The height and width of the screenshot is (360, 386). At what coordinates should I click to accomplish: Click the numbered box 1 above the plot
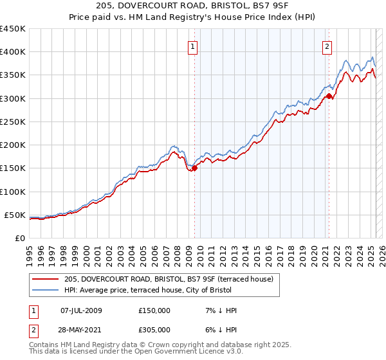[x=193, y=46]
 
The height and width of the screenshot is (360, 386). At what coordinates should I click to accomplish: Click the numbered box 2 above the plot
[x=327, y=46]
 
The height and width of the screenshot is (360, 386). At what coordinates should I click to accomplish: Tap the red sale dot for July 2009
[x=194, y=168]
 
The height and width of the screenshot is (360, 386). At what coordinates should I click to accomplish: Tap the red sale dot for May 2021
[x=329, y=96]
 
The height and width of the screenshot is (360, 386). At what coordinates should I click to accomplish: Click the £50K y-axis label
[x=15, y=215]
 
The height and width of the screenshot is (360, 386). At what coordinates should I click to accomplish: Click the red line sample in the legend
[x=45, y=279]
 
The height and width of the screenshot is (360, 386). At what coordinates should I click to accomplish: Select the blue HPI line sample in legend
[x=45, y=291]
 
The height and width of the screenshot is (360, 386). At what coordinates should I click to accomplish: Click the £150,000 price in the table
[x=154, y=310]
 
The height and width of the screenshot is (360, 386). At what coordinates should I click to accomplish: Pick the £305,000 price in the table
[x=154, y=330]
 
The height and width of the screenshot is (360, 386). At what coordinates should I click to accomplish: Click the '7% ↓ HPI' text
[x=219, y=310]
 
